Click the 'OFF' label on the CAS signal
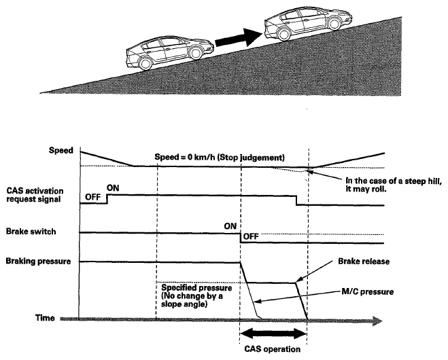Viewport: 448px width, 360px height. pos(92,197)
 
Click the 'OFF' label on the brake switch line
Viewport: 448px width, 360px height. pos(252,237)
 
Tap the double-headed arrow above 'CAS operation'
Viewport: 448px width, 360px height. pos(273,333)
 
